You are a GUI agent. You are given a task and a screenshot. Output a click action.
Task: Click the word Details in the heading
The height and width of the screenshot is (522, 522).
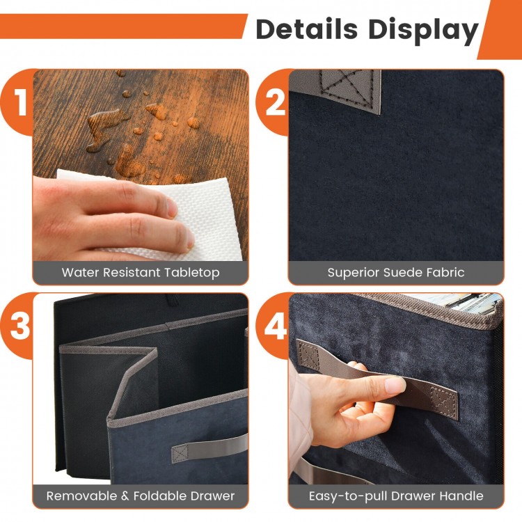tap(307, 29)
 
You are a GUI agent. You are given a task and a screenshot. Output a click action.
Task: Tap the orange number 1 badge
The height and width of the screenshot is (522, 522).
tap(19, 102)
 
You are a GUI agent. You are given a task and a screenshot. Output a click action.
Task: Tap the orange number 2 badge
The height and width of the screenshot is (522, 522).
tap(275, 102)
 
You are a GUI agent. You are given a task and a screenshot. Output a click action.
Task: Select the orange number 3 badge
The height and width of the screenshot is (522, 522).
tap(19, 326)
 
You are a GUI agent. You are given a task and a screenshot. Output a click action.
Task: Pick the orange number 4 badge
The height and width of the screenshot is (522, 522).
tap(275, 326)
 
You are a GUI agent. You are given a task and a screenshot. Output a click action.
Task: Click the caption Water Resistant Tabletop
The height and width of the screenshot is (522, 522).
tap(141, 272)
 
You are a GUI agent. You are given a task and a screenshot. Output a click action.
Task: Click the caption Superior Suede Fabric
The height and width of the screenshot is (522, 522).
tap(395, 272)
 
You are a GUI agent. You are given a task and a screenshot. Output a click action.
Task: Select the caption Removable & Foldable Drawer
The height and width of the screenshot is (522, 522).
tap(141, 496)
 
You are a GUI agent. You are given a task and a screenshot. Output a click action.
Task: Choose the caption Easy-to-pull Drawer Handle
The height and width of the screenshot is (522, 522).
tap(395, 496)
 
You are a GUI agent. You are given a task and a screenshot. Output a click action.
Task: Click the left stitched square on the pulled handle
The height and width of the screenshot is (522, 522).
tap(308, 356)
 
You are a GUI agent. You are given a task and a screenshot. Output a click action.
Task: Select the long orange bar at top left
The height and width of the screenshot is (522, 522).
tap(122, 26)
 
